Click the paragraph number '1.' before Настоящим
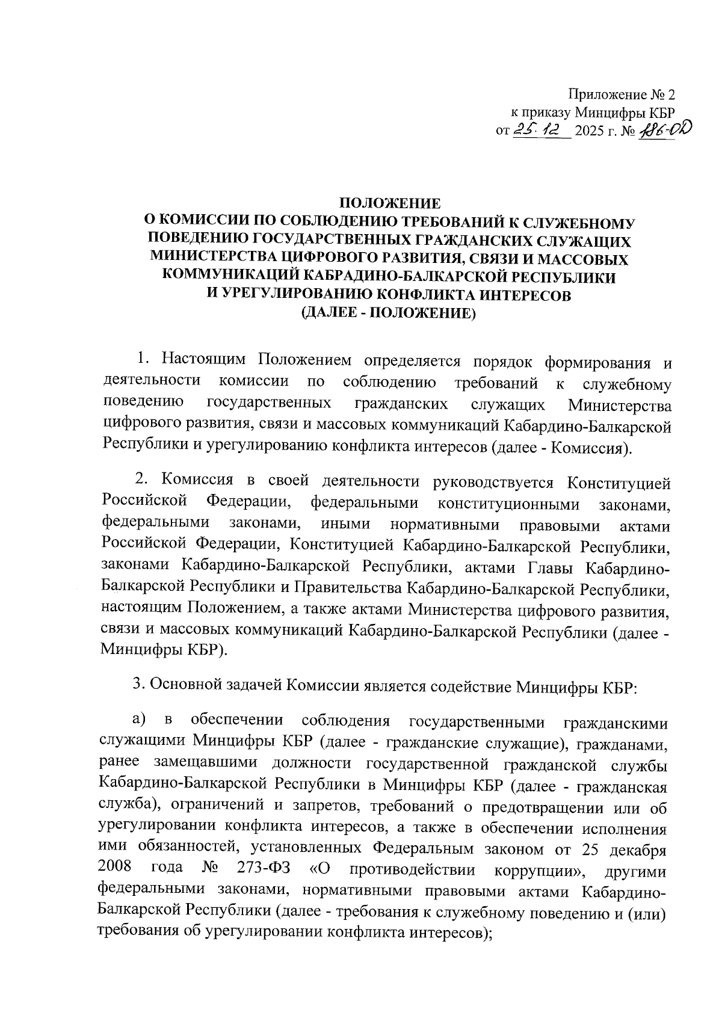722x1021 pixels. click(143, 360)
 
